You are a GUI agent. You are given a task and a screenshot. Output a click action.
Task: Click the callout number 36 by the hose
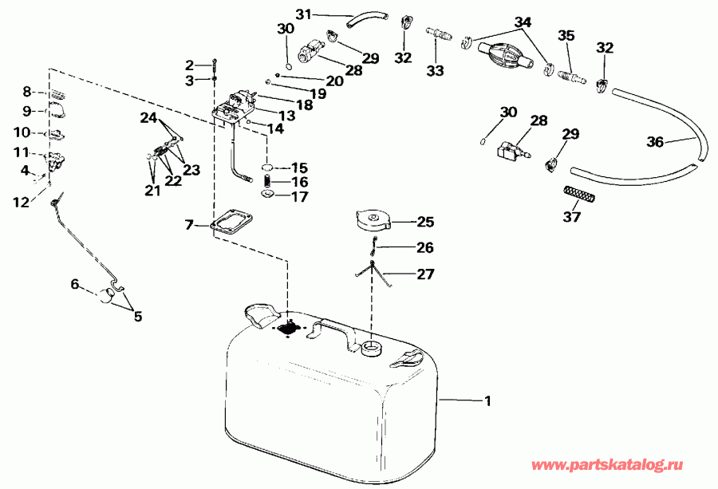(x=654, y=142)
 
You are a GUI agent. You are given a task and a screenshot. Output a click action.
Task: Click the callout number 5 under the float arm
(x=138, y=317)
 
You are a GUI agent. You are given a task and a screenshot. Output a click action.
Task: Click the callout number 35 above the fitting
(x=566, y=36)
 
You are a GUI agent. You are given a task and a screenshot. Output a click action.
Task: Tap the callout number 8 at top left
(x=26, y=92)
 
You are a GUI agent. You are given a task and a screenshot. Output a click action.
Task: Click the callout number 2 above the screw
(x=190, y=65)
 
